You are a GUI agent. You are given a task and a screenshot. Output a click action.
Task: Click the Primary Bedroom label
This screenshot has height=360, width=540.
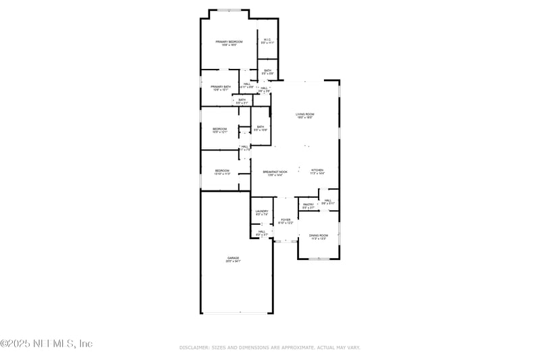click(230, 42)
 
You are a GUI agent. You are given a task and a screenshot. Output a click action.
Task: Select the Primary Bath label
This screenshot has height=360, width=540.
click(221, 87)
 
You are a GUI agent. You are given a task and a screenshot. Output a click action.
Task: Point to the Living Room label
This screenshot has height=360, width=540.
click(304, 115)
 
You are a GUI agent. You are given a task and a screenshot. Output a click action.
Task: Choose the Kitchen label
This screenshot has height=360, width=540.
click(317, 170)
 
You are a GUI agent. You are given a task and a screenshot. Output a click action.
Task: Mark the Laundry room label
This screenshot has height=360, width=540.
click(262, 212)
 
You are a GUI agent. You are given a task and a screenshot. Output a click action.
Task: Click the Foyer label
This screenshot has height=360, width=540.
click(286, 220)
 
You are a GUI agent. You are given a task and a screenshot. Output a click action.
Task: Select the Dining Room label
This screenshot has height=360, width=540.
click(318, 236)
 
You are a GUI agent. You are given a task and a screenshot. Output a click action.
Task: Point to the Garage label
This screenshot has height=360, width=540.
click(233, 259)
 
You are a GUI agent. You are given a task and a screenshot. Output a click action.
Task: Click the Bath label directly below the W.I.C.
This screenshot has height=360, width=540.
click(268, 71)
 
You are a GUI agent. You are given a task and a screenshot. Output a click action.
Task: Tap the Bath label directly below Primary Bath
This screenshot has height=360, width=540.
click(242, 100)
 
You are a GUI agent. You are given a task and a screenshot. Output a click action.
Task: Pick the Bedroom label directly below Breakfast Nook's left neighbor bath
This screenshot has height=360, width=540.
click(220, 129)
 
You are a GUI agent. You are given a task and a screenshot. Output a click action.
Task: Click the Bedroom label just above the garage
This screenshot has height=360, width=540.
click(222, 171)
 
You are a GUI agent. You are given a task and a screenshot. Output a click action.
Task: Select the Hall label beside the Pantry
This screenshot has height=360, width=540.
click(327, 201)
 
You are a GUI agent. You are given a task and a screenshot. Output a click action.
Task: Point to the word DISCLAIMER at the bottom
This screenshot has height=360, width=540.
click(194, 347)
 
